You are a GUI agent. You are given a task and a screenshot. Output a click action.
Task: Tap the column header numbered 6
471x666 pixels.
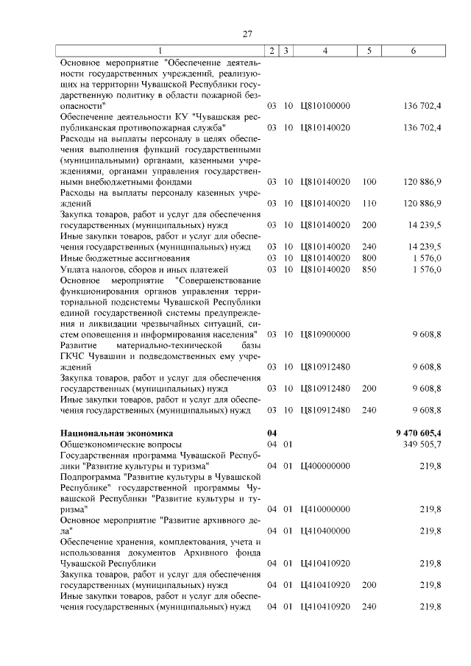pyautogui.click(x=413, y=50)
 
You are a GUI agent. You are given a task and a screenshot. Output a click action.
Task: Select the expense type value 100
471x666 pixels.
pyautogui.click(x=369, y=181)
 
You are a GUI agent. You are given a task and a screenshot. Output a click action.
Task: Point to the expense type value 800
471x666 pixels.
pyautogui.click(x=369, y=258)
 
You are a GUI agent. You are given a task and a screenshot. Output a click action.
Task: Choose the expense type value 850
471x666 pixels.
pyautogui.click(x=369, y=269)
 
